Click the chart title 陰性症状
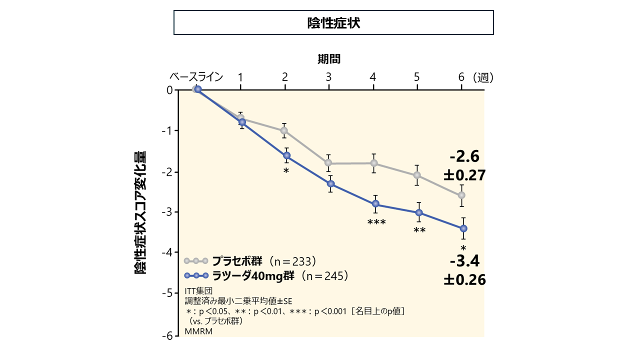333,23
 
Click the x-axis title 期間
329,59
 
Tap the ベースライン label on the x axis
196,77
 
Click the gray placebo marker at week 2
284,130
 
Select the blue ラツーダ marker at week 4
375,203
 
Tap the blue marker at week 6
463,228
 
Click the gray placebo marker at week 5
416,175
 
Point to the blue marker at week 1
242,122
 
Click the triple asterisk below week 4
376,222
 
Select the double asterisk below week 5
419,230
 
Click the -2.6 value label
464,157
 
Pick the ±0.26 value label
464,279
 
